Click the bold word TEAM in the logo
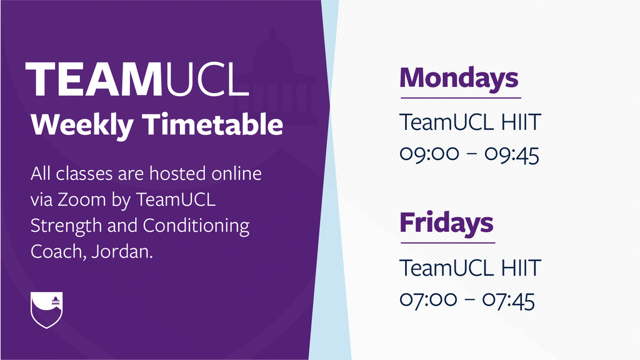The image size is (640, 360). [x=94, y=79]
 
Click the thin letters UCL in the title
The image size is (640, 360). [x=206, y=79]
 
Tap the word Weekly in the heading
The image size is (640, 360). [x=82, y=124]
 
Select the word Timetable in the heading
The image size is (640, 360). [x=212, y=124]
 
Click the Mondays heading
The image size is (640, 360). [x=459, y=78]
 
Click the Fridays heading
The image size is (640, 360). [x=446, y=223]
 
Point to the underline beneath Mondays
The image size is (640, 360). [x=461, y=98]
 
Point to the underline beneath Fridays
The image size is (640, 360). [x=447, y=243]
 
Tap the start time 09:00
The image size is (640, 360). [x=429, y=154]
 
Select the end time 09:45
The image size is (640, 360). [x=512, y=154]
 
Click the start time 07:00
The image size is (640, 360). [x=428, y=300]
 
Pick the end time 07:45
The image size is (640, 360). [x=509, y=300]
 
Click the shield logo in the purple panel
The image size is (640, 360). [x=46, y=310]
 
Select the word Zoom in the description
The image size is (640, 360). [x=81, y=199]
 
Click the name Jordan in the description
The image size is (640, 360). [x=122, y=251]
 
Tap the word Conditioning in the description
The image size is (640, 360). [x=196, y=226]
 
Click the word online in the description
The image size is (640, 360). [x=236, y=174]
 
